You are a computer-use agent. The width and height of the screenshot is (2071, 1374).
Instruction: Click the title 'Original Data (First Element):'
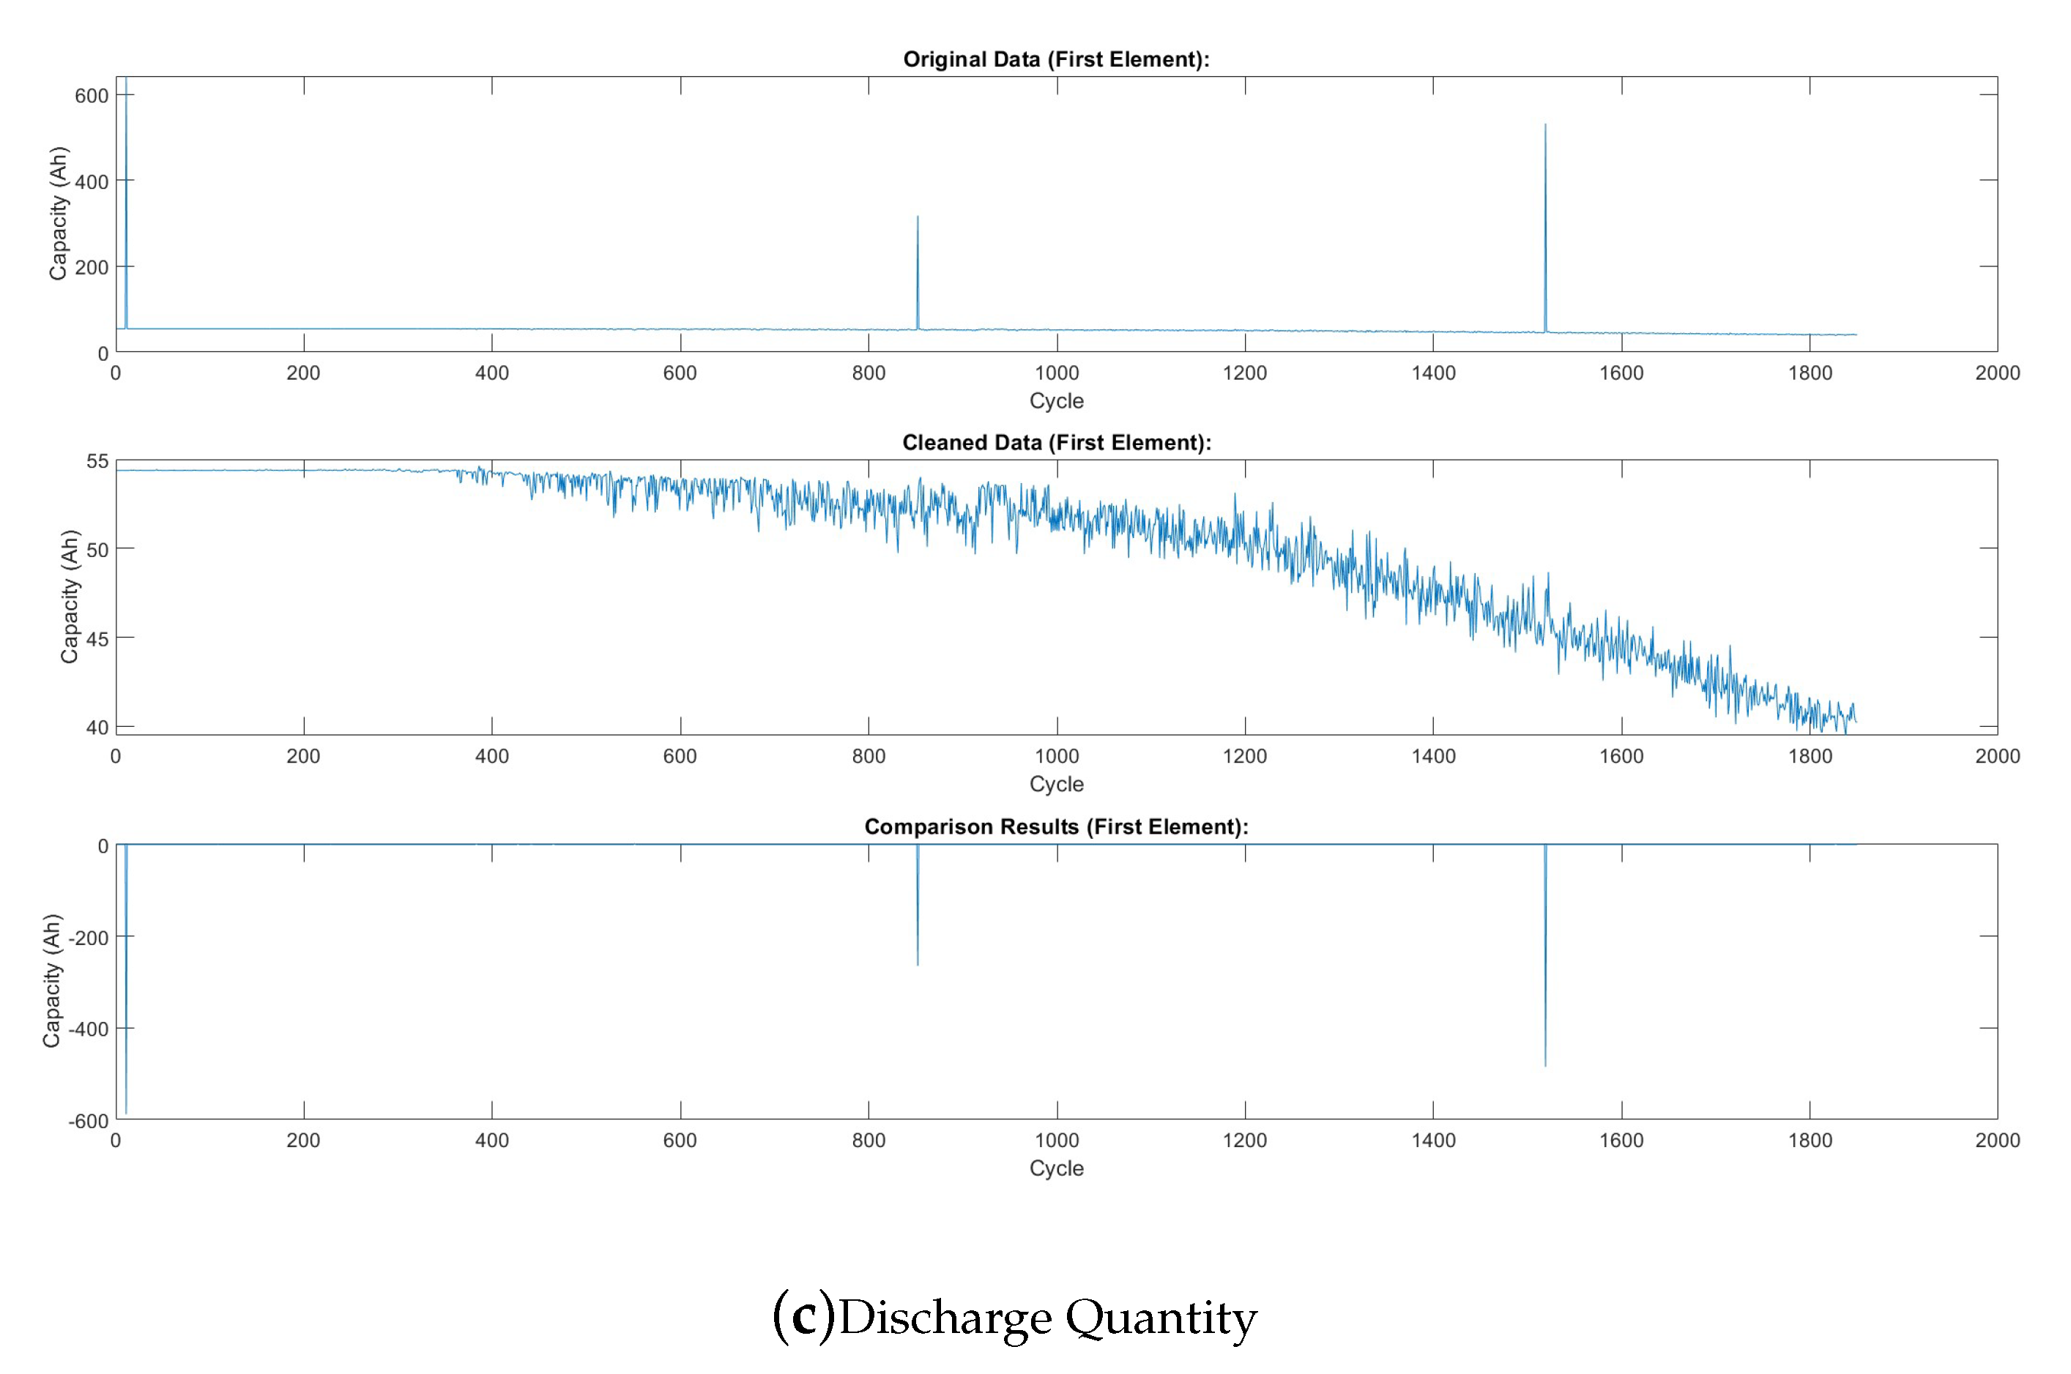[1055, 59]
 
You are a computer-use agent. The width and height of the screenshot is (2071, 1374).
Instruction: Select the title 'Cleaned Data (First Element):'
[1056, 443]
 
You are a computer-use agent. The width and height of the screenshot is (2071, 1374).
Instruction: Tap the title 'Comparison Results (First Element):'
[1056, 826]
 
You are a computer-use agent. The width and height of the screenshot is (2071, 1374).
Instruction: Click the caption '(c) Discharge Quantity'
[1014, 1317]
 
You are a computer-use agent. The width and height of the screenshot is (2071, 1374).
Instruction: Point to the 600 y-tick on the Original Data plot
[91, 95]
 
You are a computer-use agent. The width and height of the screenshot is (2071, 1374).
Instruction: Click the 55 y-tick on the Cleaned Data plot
[97, 461]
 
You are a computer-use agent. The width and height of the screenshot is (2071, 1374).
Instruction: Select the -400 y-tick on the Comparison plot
[89, 1028]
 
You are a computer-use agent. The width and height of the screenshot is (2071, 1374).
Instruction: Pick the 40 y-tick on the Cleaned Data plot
[97, 728]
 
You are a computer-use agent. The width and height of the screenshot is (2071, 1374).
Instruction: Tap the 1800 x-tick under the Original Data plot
[1809, 373]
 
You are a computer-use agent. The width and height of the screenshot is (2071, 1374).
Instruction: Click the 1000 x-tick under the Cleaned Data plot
[1056, 756]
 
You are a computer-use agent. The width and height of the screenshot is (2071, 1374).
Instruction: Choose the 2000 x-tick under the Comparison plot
[1997, 1140]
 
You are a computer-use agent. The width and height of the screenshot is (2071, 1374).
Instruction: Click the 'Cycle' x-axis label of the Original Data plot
[1056, 400]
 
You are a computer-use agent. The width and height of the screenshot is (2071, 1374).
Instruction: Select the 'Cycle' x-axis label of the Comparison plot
[1056, 1168]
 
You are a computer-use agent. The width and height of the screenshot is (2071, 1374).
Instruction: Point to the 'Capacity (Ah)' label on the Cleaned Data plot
[70, 596]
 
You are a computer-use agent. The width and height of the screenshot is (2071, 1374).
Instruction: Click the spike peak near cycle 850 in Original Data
[918, 217]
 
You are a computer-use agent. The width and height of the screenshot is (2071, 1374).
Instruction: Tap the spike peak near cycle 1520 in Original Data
[1545, 124]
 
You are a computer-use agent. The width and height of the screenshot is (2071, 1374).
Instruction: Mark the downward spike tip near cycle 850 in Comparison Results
[918, 965]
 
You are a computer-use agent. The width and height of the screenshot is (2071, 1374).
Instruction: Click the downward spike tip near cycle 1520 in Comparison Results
[1545, 1066]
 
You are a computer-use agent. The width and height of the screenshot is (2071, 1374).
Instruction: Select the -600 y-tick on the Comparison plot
[89, 1121]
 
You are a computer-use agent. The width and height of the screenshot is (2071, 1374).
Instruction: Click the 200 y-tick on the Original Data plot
[91, 267]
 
